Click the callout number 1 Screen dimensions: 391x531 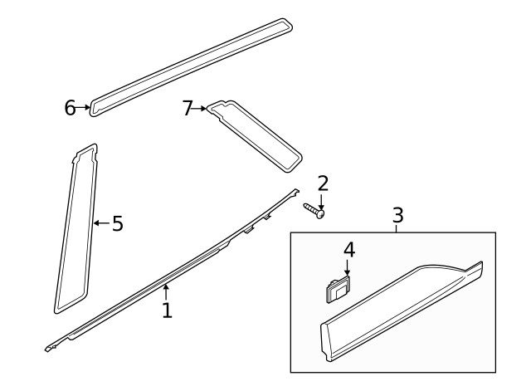coord(167,310)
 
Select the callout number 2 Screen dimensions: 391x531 coord(323,183)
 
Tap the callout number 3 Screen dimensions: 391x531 coord(397,215)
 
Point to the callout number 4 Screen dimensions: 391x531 coord(348,249)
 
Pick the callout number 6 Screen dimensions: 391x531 coord(70,107)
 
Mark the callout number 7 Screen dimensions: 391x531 coord(188,107)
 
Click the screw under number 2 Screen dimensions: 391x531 coord(314,210)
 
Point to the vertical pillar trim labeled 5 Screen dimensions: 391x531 coord(76,232)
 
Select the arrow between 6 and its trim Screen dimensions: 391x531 coord(83,107)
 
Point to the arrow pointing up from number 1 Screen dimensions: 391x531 coord(167,291)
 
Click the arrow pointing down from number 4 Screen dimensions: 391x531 coord(348,267)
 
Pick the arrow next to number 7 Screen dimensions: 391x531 coord(201,108)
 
